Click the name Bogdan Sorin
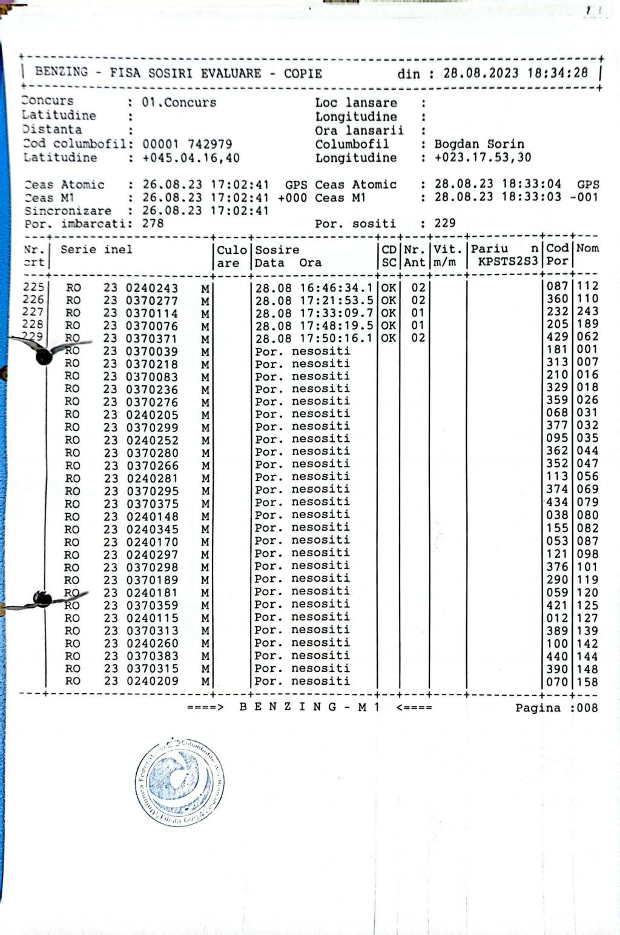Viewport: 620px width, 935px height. tap(479, 144)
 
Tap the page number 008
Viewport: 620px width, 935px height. tap(586, 708)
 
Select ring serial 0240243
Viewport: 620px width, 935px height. tap(152, 288)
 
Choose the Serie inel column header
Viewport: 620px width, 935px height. tap(96, 250)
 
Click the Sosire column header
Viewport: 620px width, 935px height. tap(277, 250)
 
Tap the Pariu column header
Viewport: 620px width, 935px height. tap(489, 249)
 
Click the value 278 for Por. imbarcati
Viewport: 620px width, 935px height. tap(153, 224)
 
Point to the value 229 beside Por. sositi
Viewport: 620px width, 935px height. tap(445, 223)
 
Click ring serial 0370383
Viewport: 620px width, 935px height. tap(152, 656)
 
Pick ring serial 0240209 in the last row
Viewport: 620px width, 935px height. tap(152, 681)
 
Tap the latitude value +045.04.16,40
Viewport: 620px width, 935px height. tap(191, 158)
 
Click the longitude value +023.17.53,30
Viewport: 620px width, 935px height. tap(483, 158)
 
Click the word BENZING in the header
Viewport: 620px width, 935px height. tap(61, 72)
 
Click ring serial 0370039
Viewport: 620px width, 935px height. tap(152, 351)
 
